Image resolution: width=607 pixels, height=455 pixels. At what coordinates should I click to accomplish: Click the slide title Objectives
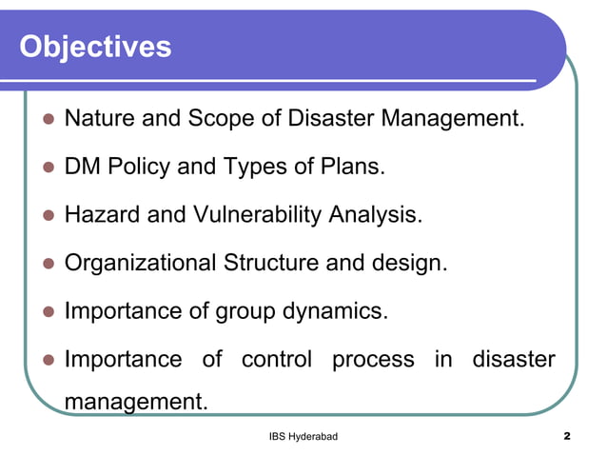coord(95,46)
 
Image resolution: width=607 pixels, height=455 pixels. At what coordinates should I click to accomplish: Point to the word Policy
coord(141,168)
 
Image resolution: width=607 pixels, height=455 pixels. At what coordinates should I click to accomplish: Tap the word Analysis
coord(376,215)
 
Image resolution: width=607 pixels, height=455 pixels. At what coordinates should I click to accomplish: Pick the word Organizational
coord(140,263)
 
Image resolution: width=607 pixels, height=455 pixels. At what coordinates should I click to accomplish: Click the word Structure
coord(272,263)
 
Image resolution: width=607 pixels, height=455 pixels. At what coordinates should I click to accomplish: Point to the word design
coord(408,263)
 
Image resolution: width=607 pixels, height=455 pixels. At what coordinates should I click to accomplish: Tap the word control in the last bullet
coord(276,360)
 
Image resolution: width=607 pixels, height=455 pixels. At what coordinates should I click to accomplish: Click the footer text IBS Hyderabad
coord(303,436)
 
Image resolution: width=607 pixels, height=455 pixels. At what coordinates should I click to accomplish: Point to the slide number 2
coord(566,436)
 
